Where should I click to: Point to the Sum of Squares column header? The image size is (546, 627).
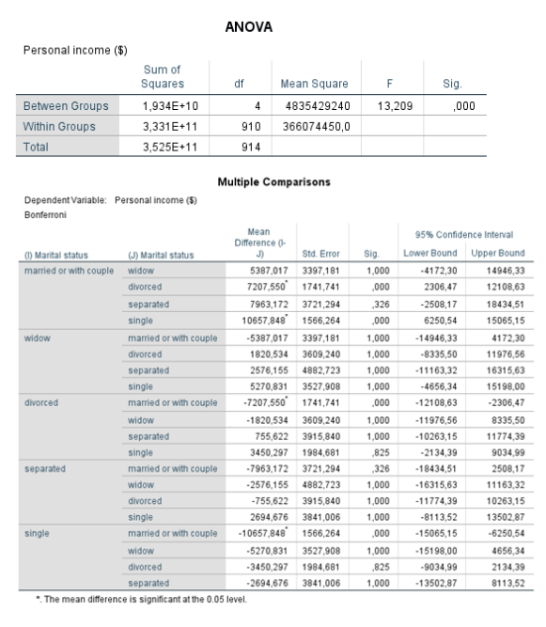pyautogui.click(x=163, y=76)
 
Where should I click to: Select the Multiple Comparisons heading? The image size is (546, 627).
pyautogui.click(x=273, y=182)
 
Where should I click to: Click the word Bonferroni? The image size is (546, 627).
pyautogui.click(x=40, y=214)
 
